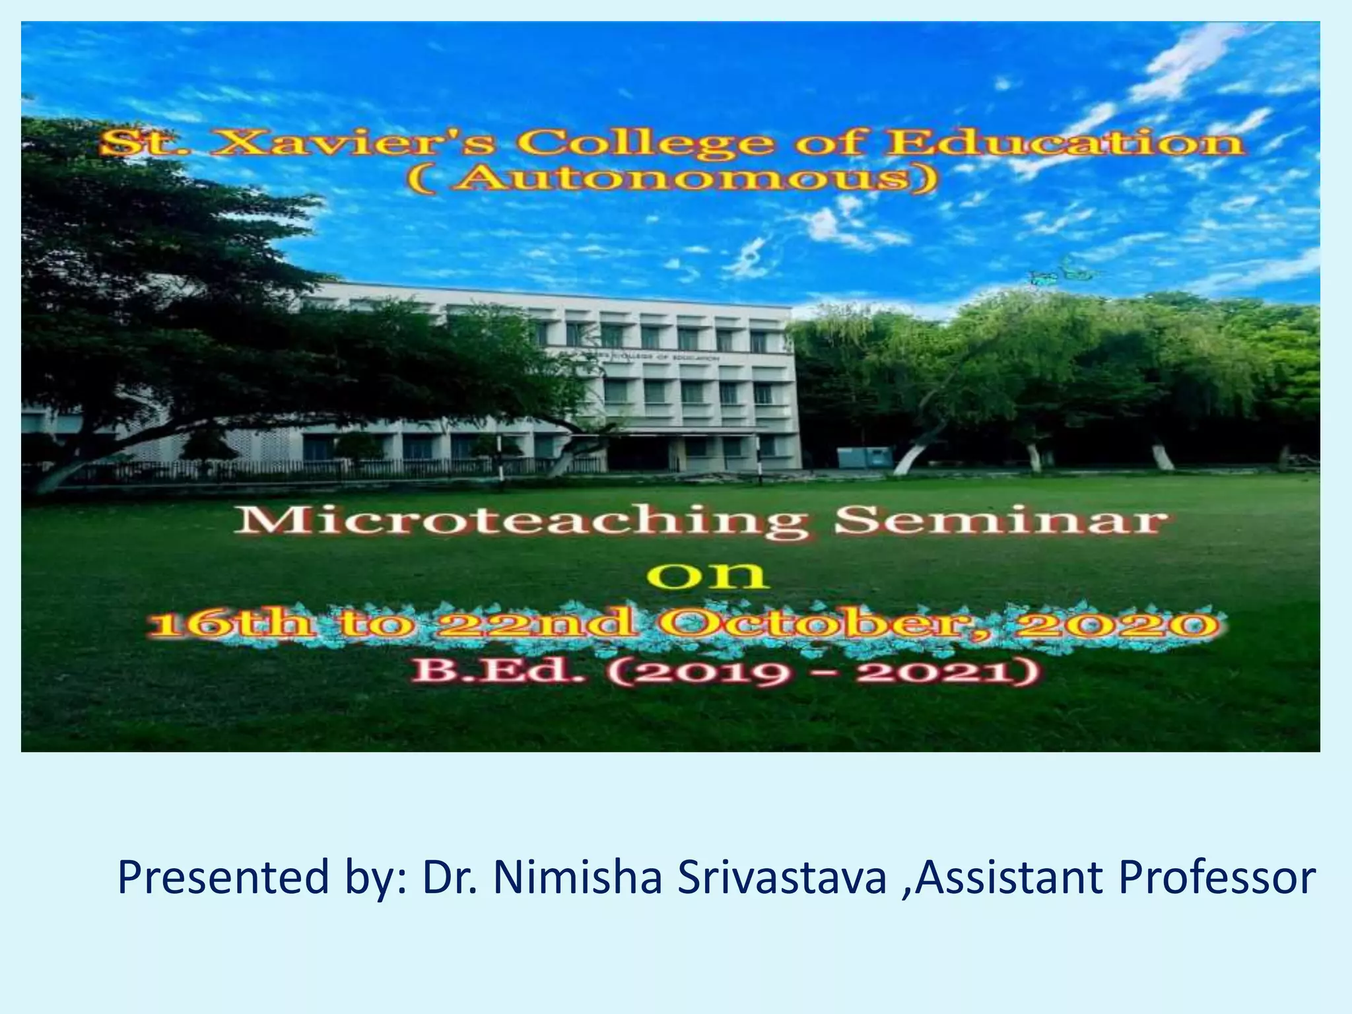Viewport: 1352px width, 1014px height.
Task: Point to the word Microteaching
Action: coord(522,524)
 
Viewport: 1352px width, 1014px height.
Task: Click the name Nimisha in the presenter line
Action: coord(577,878)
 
